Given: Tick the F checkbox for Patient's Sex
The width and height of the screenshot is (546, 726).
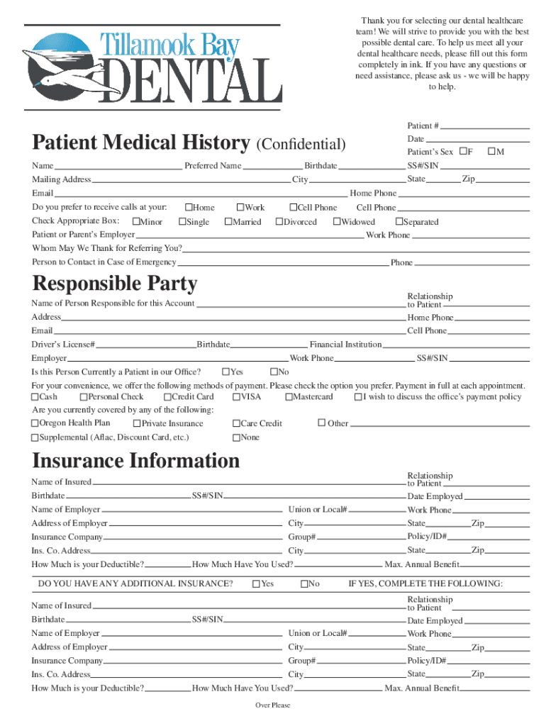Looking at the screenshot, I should point(463,152).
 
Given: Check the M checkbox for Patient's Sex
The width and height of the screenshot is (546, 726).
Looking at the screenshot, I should point(491,152).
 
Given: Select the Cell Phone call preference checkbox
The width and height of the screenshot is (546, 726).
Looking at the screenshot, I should point(293,208).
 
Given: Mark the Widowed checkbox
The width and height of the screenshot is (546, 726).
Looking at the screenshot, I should point(337,222).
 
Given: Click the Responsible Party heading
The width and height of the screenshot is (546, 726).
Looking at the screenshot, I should point(114,284).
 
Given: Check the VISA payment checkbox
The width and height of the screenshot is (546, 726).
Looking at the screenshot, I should point(236,397).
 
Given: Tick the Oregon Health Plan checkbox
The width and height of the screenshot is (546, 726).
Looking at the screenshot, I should point(35,423).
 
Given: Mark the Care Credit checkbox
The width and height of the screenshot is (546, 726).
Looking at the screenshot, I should point(236,423).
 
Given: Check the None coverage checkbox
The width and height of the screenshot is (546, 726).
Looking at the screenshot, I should point(236,437).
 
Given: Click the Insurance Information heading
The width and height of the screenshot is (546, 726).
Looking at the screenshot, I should point(136,461).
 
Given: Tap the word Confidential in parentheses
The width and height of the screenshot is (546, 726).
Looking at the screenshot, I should point(301,145).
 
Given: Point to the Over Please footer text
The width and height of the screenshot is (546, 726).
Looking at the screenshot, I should point(272,705).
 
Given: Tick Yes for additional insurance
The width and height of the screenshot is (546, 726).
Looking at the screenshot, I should point(256,583).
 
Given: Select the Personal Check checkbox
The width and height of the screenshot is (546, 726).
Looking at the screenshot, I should point(84,397).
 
